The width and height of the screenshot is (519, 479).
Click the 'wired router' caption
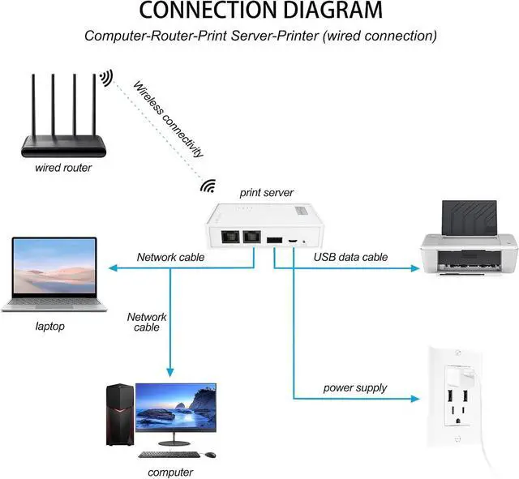[63, 168]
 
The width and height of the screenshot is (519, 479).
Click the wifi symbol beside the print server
[208, 186]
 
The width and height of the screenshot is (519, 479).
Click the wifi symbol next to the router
[106, 78]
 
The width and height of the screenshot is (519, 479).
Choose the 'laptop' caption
[49, 327]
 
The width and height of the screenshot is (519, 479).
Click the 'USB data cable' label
[350, 257]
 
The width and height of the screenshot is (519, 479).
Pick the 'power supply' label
[355, 387]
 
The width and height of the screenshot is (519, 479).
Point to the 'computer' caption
[170, 472]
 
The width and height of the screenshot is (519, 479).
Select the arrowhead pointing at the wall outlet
[418, 400]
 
